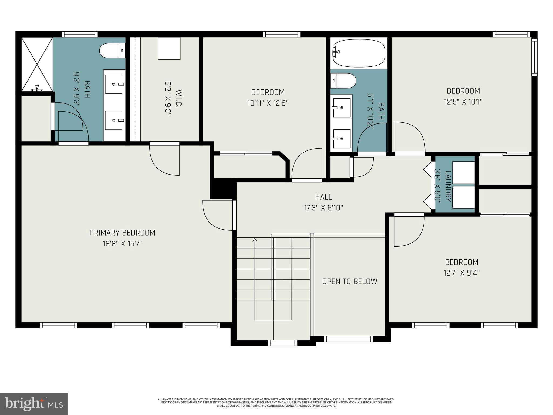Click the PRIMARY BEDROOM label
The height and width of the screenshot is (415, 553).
122,233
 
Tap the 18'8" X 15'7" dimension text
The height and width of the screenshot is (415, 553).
122,244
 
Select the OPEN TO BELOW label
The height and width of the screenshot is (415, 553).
350,281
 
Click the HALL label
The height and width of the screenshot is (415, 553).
323,197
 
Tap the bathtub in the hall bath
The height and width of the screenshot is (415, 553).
359,52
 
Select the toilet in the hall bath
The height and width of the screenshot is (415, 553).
343,81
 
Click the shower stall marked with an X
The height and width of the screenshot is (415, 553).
37,64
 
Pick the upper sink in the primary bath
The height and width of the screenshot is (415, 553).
114,84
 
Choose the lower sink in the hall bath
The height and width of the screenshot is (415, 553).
342,139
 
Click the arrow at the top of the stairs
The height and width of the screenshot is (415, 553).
255,240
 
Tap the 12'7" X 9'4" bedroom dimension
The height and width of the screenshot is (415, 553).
461,273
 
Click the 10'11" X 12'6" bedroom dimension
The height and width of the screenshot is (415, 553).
268,103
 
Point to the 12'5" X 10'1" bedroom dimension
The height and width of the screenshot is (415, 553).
463,102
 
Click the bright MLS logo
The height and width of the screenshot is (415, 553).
34,404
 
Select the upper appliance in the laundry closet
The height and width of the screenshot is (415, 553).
463,173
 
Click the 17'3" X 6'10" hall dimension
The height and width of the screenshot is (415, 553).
323,208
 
